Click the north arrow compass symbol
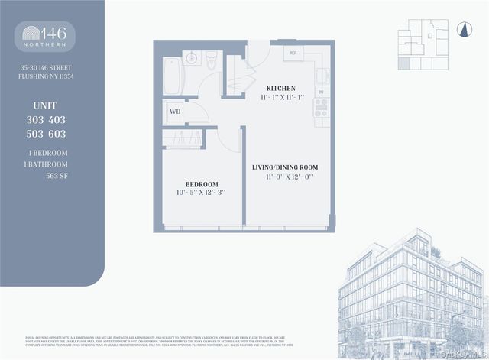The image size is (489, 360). [461, 30]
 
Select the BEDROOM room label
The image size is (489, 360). [202, 184]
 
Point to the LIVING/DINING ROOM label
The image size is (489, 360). [285, 167]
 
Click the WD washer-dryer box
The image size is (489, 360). [174, 112]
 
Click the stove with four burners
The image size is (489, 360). [321, 108]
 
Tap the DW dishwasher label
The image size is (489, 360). [321, 92]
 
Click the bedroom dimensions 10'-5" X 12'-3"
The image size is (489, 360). [202, 193]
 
